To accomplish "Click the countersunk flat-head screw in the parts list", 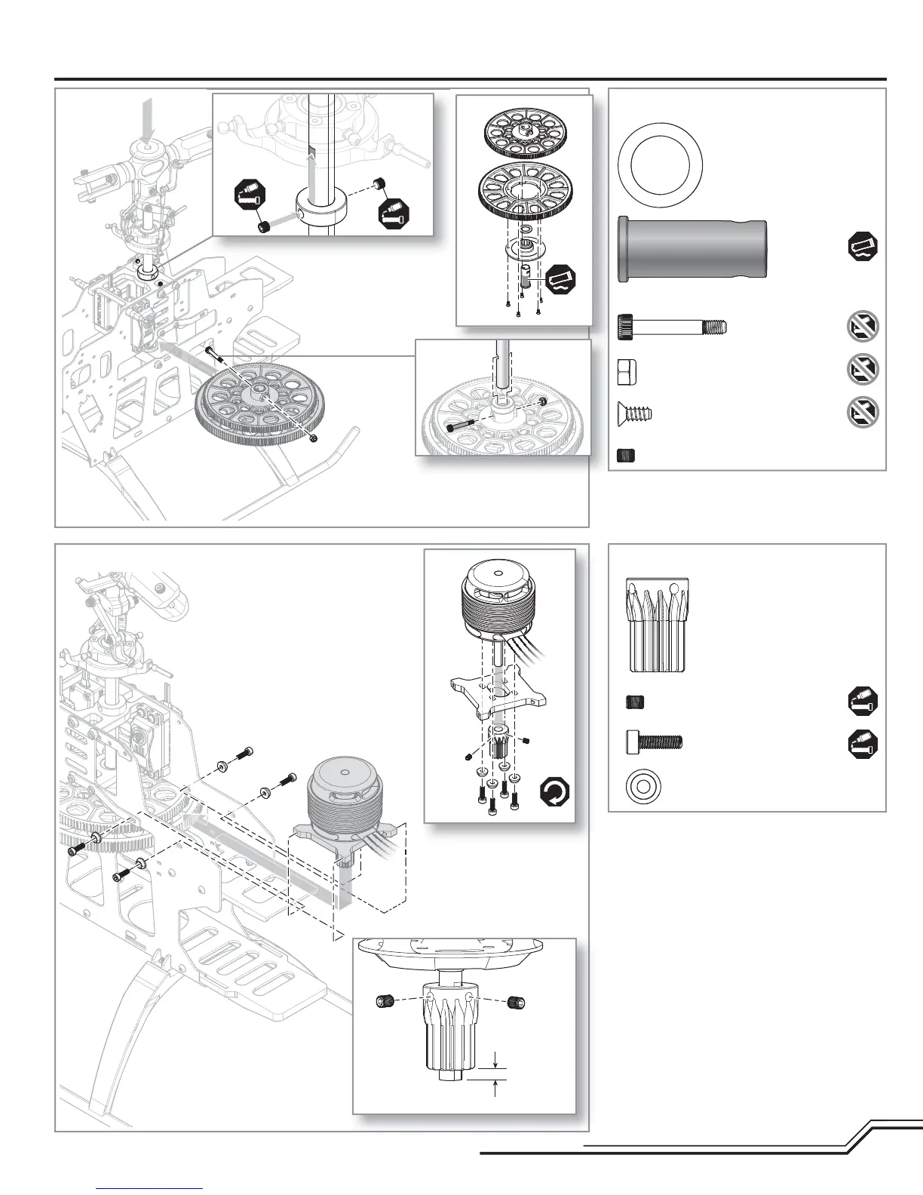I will point(634,413).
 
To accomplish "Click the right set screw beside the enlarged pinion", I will point(517,1002).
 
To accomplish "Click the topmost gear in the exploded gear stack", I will point(526,134).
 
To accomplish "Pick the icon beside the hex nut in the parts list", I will point(863,370).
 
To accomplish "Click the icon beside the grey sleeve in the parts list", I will point(863,247).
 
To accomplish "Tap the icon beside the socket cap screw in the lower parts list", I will point(863,742).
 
